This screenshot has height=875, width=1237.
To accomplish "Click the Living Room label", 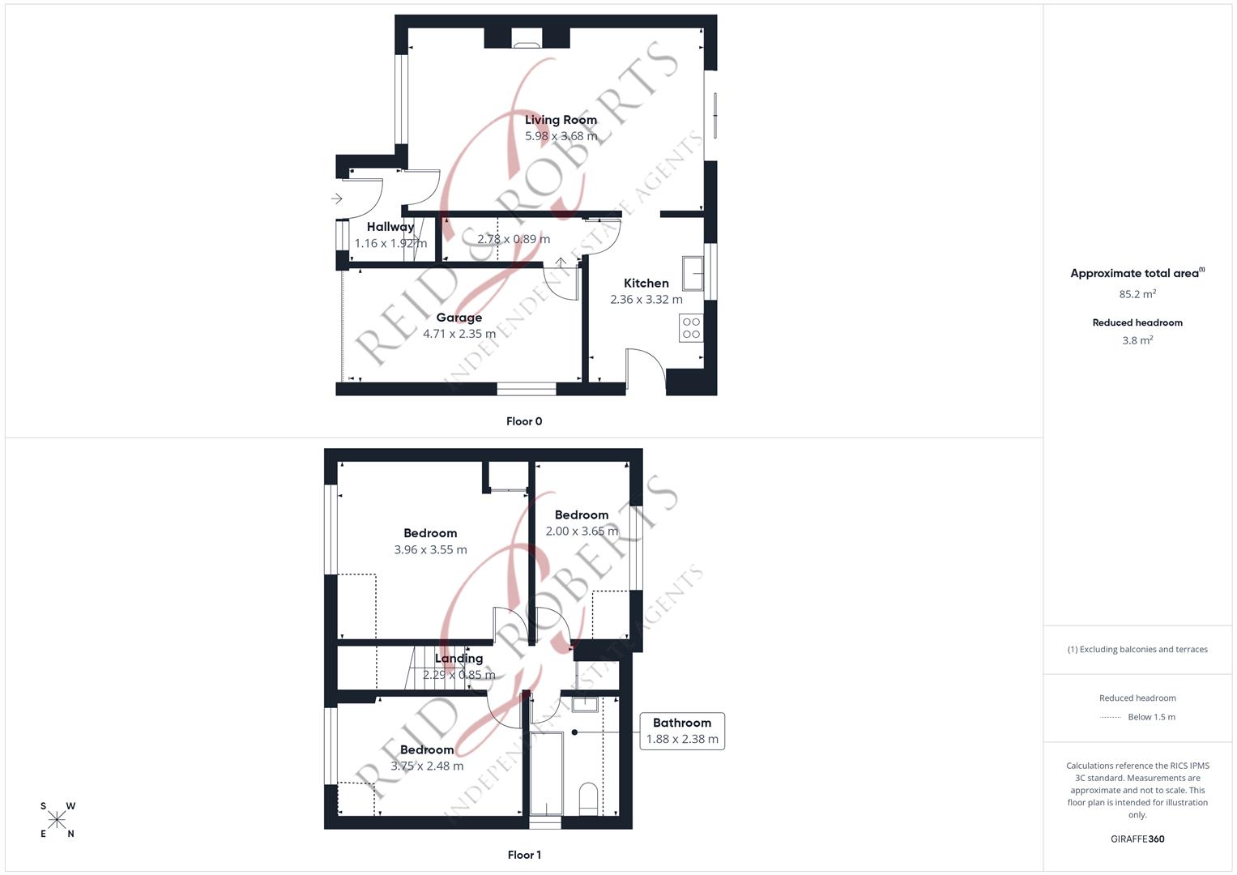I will point(561,120).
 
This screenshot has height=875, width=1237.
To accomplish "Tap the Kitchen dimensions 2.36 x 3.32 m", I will point(646,300).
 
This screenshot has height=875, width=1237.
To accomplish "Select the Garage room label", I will point(459,318).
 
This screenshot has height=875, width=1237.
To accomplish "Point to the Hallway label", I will point(390,227).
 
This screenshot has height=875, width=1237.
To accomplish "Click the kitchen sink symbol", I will point(692,274).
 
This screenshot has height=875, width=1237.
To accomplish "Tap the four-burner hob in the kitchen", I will point(691,328).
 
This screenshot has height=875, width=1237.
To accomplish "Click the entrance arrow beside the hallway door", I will point(337,198).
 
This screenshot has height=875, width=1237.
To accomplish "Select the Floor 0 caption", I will point(523,421).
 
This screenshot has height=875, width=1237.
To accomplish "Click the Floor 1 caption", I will point(523,855).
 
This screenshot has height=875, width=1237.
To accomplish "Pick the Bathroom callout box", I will point(681,731).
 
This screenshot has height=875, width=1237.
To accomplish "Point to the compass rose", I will point(58,820).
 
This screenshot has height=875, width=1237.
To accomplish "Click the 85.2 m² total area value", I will point(1137,294).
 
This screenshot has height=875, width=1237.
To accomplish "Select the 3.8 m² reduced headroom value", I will point(1137,341).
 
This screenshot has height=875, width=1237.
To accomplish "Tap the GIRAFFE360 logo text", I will point(1137,839).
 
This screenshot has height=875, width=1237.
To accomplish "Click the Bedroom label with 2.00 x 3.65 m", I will point(581,515).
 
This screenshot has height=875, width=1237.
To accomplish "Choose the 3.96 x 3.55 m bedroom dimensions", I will point(430,550).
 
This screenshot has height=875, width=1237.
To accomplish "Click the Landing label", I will point(459,659).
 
